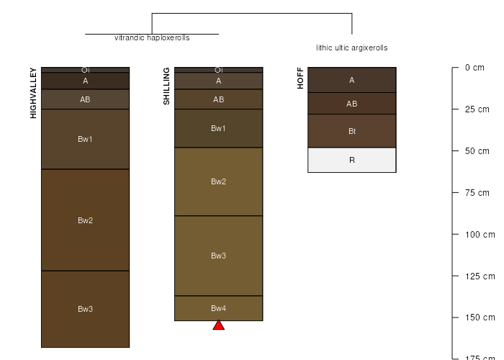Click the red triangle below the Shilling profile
pyautogui.click(x=219, y=325)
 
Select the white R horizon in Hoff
pyautogui.click(x=352, y=160)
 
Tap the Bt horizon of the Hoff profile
pyautogui.click(x=352, y=131)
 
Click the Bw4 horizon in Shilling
pyautogui.click(x=219, y=308)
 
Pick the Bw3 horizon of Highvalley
pyautogui.click(x=85, y=309)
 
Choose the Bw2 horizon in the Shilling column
pyautogui.click(x=219, y=181)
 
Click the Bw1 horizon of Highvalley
pyautogui.click(x=85, y=139)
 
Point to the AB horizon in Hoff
pyautogui.click(x=352, y=104)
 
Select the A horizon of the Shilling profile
pyautogui.click(x=219, y=81)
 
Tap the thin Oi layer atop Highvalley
pyautogui.click(x=85, y=70)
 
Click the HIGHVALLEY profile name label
pyautogui.click(x=33, y=93)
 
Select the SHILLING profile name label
pyautogui.click(x=166, y=86)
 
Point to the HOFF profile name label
pyautogui.click(x=300, y=78)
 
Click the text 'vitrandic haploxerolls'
pyautogui.click(x=152, y=38)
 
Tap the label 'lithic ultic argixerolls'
pyautogui.click(x=352, y=48)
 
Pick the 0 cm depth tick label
pyautogui.click(x=474, y=68)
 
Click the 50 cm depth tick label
pyautogui.click(x=477, y=151)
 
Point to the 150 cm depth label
pyautogui.click(x=480, y=318)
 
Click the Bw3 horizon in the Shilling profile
pyautogui.click(x=219, y=256)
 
